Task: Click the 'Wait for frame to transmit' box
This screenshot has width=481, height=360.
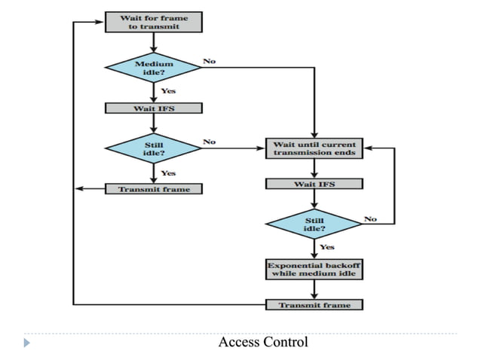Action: (154, 21)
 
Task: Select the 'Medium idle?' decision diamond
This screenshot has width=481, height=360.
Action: (154, 69)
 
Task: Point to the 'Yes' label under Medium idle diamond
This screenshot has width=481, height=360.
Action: (169, 90)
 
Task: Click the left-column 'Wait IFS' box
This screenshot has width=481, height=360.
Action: (154, 108)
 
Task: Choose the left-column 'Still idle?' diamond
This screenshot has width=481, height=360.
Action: (154, 148)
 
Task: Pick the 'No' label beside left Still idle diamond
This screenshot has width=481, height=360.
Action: (209, 141)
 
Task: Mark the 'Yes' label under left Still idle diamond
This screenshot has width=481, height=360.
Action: (169, 172)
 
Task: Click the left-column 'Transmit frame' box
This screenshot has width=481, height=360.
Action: (154, 189)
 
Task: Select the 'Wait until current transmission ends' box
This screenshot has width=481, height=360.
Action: (314, 148)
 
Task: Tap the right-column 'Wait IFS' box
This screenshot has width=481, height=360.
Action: (314, 184)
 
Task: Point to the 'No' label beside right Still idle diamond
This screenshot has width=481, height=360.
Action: (370, 218)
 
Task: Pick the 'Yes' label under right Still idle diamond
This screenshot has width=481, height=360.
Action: (327, 247)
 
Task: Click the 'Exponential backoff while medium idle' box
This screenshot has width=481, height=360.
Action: (314, 269)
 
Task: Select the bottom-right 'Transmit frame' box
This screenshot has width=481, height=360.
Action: (314, 305)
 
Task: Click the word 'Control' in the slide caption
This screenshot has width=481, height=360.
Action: (286, 343)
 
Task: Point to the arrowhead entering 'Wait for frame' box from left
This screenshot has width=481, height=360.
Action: (100, 21)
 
